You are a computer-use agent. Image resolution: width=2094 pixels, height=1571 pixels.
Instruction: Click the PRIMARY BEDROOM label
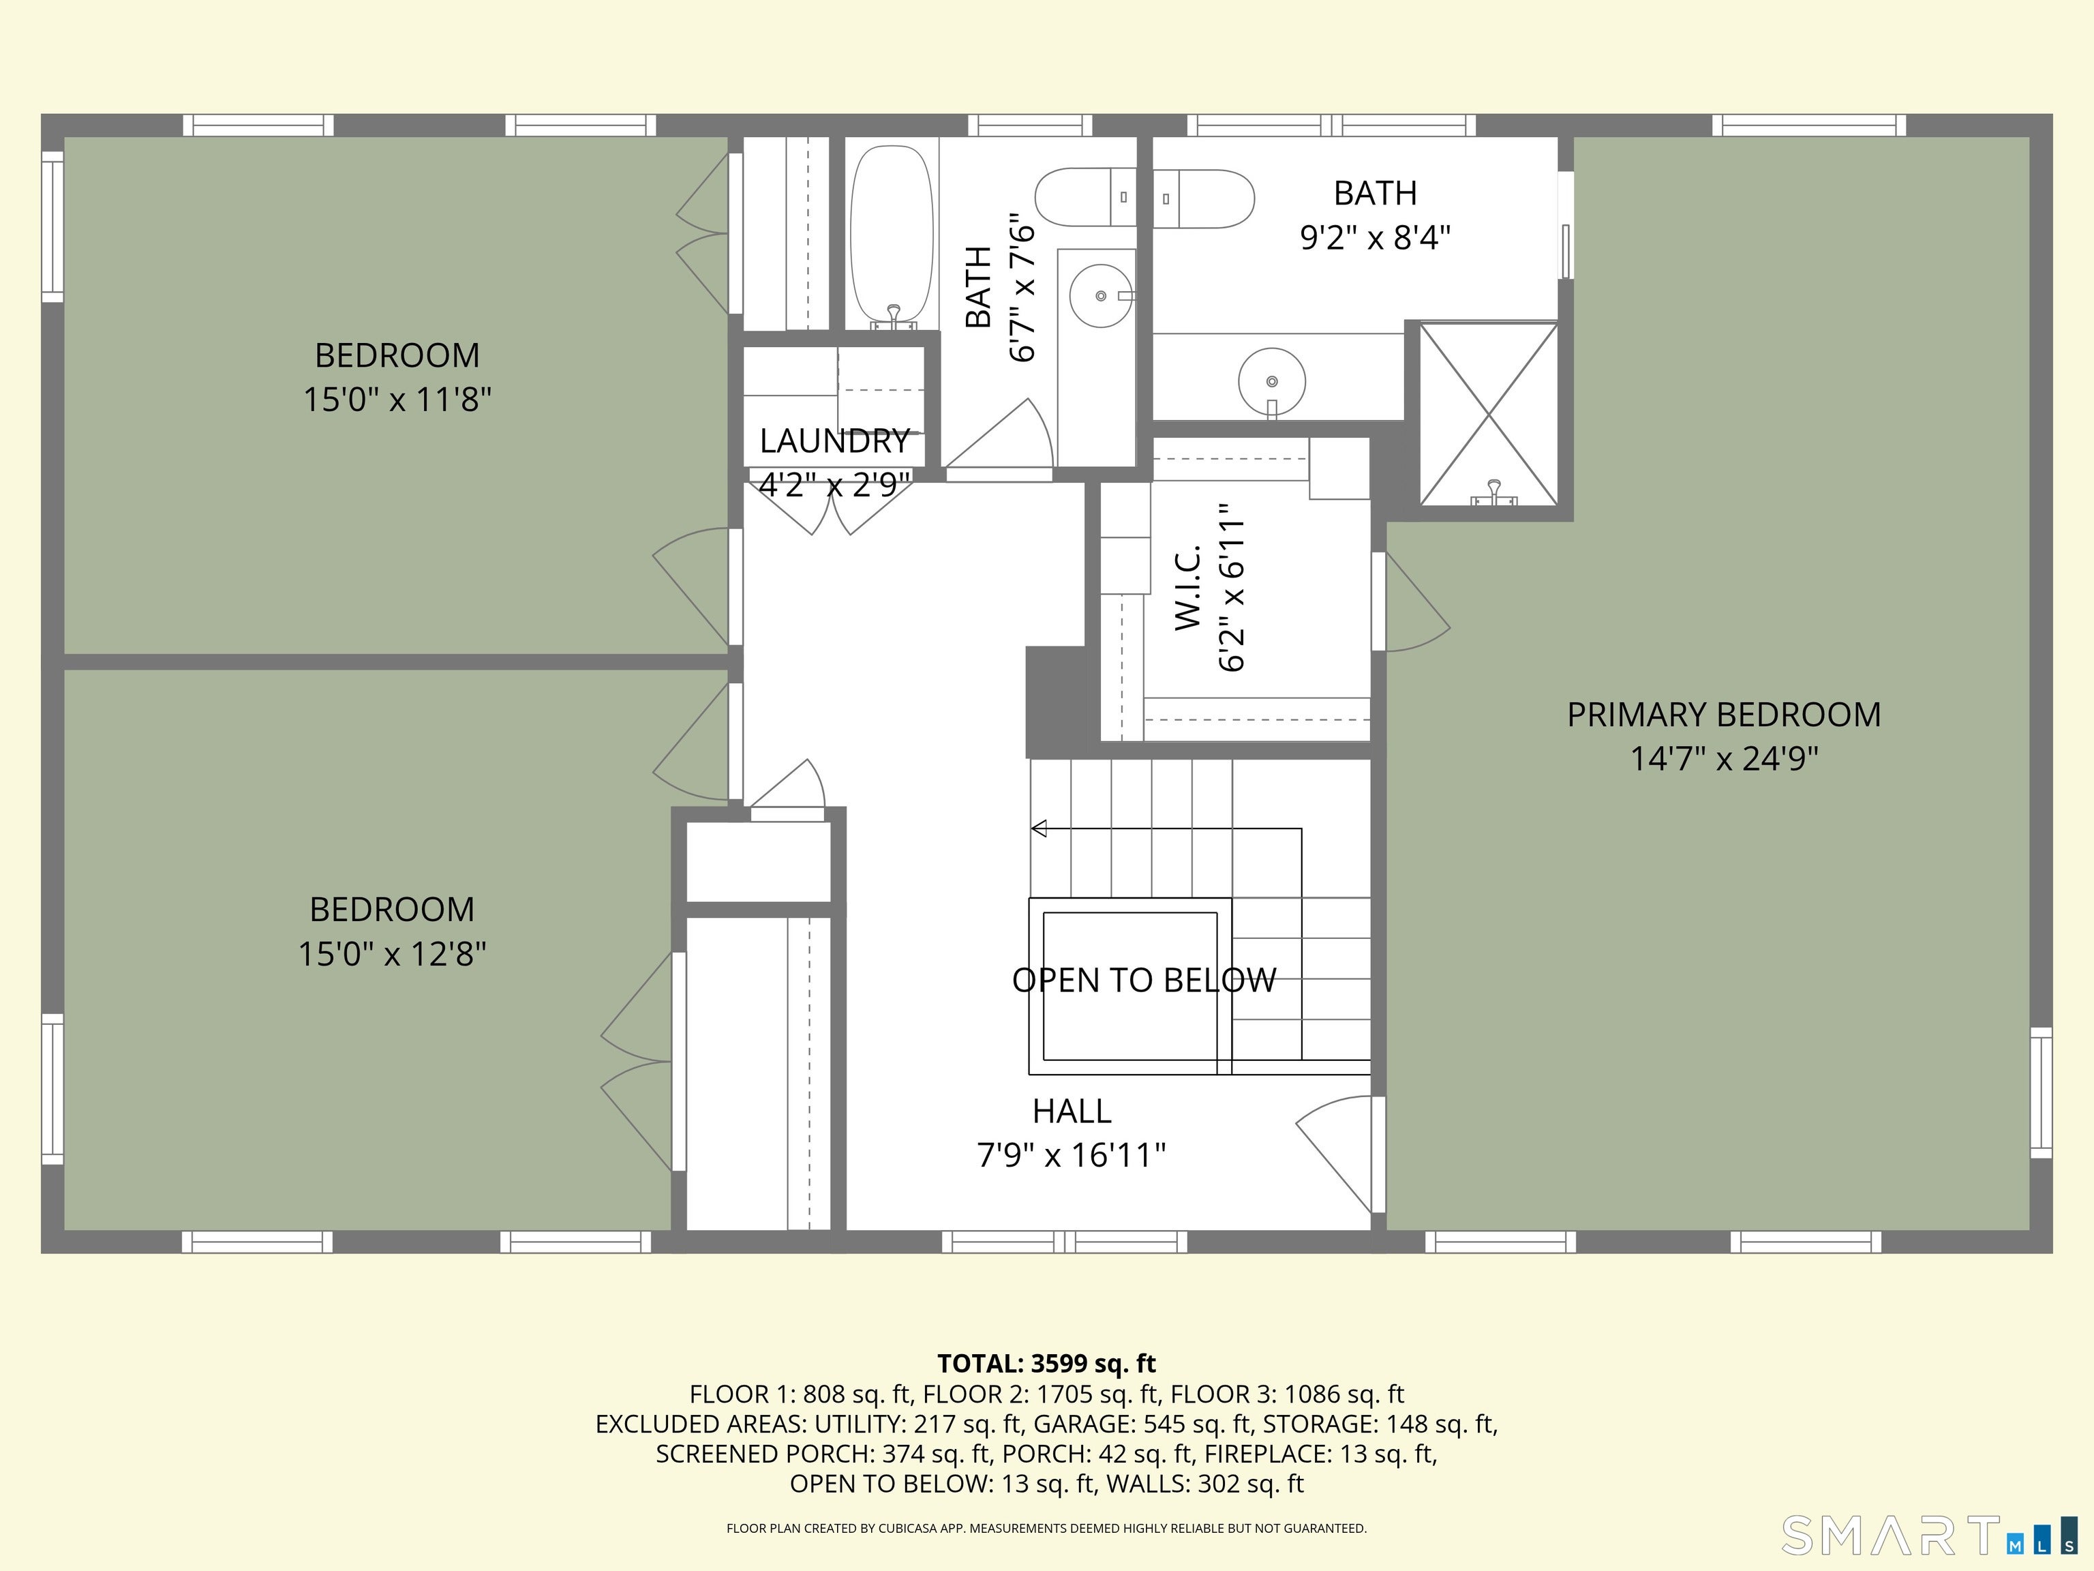point(1723,714)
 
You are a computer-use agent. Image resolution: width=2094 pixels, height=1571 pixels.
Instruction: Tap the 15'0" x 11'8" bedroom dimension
point(397,400)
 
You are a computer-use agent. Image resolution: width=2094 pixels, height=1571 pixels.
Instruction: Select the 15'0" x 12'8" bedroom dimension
point(392,954)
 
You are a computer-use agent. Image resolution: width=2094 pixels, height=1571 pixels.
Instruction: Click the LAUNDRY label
point(834,440)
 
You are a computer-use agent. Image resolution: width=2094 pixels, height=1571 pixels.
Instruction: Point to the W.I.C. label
point(1187,587)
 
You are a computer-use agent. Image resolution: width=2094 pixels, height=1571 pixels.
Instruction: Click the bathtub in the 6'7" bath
point(891,235)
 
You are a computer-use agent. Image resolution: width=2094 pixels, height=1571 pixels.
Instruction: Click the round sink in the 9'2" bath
point(1271,382)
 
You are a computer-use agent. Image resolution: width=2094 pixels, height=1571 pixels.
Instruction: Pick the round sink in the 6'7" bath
point(1101,295)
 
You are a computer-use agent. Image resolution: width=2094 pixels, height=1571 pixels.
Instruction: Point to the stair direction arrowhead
point(1039,828)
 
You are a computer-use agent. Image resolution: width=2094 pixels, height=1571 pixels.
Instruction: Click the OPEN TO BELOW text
point(1144,980)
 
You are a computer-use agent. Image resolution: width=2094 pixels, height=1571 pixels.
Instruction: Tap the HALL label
point(1071,1111)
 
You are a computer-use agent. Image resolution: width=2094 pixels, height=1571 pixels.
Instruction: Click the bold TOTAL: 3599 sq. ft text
point(1046,1364)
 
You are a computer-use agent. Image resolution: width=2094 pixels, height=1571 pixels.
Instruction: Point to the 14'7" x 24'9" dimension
point(1723,758)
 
